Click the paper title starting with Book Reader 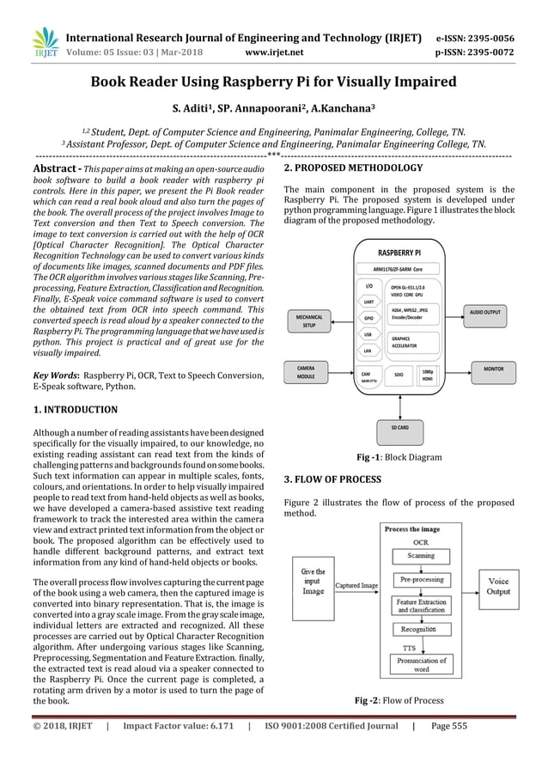[273, 83]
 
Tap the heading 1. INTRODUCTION [74, 410]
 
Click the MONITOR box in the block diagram [493, 368]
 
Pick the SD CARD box [399, 426]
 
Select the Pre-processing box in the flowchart [421, 580]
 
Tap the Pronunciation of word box [421, 663]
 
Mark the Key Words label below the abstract [56, 375]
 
